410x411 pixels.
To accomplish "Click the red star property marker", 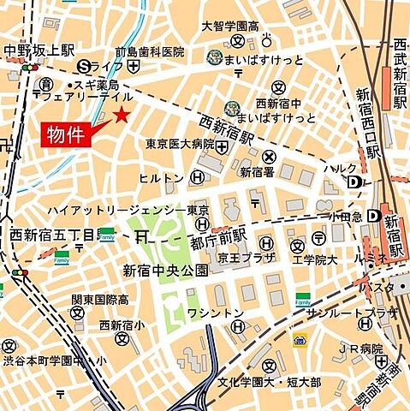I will (123, 115).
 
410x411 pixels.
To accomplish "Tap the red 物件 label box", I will (64, 135).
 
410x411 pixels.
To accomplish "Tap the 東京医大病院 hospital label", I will (180, 144).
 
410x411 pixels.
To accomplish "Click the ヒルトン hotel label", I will (162, 178).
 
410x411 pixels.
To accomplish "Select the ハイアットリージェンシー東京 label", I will (128, 210).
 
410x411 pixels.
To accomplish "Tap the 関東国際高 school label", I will (100, 300).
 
